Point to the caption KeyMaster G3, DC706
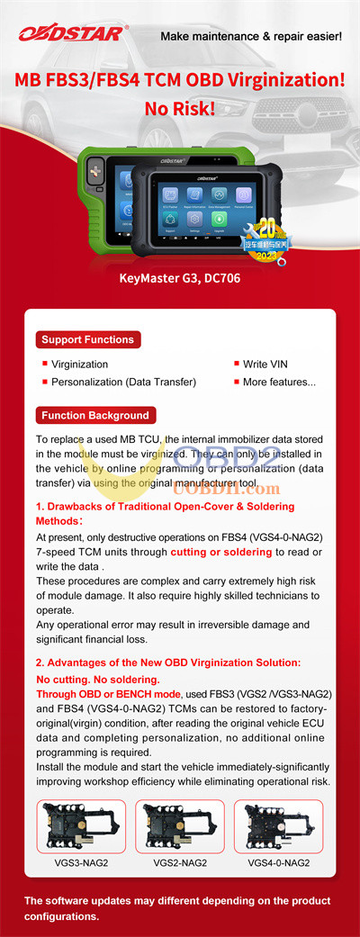coord(179,278)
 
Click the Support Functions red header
coord(87,339)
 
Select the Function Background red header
coord(94,415)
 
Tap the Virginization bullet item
coord(79,365)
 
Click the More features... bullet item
coord(279,382)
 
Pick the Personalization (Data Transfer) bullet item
coord(123,382)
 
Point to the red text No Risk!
coord(180,109)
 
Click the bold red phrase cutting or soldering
coord(221,552)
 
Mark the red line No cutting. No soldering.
coord(97,679)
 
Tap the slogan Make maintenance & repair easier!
coord(250,36)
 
